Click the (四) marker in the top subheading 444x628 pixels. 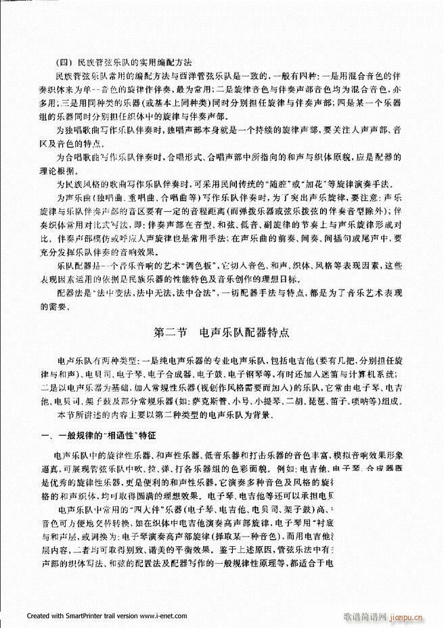[68, 58]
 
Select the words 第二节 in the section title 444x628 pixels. [169, 332]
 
